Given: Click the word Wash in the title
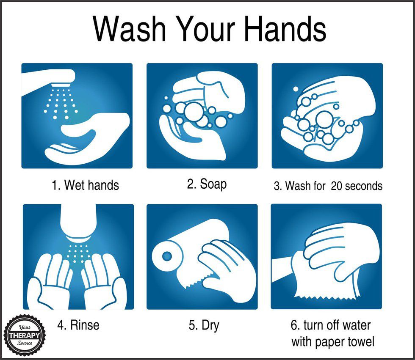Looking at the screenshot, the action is click(x=130, y=28).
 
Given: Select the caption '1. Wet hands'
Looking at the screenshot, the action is click(x=85, y=185).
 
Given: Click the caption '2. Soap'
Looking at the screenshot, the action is click(x=207, y=184).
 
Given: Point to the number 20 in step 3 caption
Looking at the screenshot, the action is click(x=337, y=186).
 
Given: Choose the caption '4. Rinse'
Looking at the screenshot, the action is click(x=78, y=325).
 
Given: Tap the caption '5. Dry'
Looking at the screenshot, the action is click(x=204, y=325).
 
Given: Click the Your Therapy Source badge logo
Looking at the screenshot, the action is click(x=25, y=335).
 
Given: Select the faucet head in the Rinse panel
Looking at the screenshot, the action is click(x=78, y=222).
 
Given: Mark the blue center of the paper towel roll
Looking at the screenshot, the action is click(x=167, y=256).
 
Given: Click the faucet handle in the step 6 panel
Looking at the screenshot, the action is click(x=283, y=269).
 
